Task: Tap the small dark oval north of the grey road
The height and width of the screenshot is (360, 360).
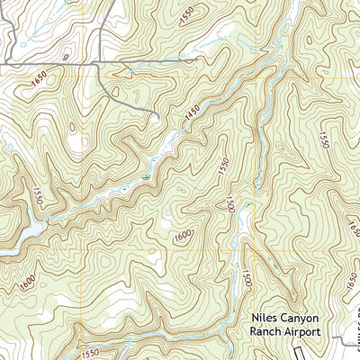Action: pyautogui.click(x=65, y=58)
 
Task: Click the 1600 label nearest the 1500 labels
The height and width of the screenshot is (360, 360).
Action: pyautogui.click(x=182, y=235)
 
